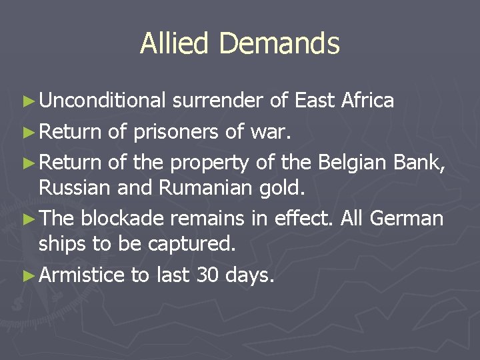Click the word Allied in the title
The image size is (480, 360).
tap(175, 44)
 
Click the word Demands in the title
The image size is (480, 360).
tap(279, 44)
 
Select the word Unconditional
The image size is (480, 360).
tap(101, 101)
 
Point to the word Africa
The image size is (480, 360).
tap(367, 101)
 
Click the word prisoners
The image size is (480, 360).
tap(175, 131)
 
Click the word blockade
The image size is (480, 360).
tap(133, 218)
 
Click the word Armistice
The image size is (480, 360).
tap(82, 274)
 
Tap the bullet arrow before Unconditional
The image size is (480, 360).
tap(27, 101)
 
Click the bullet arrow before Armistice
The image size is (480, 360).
tap(27, 275)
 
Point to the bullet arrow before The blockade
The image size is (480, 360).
tap(27, 219)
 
